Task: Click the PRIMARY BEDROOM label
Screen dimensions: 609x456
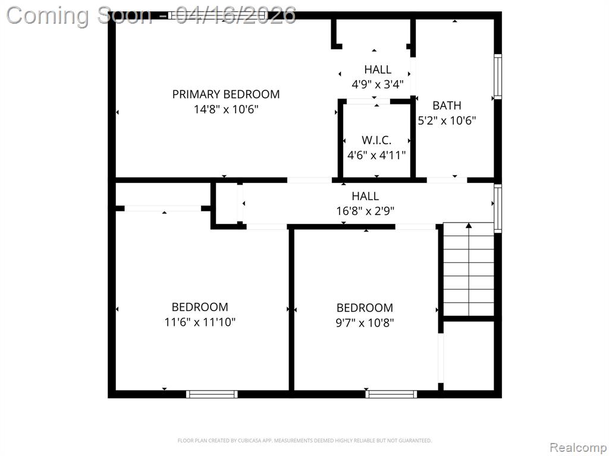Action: (x=225, y=94)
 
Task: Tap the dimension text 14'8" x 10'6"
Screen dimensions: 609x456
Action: (x=226, y=109)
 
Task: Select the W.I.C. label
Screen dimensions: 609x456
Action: (x=376, y=140)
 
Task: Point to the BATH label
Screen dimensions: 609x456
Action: (x=447, y=106)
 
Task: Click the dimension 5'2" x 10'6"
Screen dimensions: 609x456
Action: (x=447, y=121)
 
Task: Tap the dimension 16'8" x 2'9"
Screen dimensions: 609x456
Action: (x=365, y=211)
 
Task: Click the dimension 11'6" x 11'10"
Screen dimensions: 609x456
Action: (x=200, y=322)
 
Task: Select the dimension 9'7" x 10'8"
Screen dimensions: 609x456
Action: (x=365, y=322)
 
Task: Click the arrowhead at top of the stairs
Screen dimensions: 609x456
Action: (x=469, y=225)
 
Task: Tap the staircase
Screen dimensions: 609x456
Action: (x=469, y=269)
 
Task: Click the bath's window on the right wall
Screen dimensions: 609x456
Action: (x=498, y=77)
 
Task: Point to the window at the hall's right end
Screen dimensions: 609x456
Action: (x=498, y=208)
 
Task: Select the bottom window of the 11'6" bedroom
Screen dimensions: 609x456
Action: (x=212, y=394)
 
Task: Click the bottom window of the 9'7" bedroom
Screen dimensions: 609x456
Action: (x=391, y=394)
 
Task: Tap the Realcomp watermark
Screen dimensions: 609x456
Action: (x=578, y=448)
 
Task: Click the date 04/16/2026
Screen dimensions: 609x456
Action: (x=236, y=15)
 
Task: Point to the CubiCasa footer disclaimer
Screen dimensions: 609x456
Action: (x=304, y=441)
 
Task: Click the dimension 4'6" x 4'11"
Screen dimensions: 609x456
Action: (x=376, y=156)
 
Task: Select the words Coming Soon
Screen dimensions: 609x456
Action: (x=79, y=15)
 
